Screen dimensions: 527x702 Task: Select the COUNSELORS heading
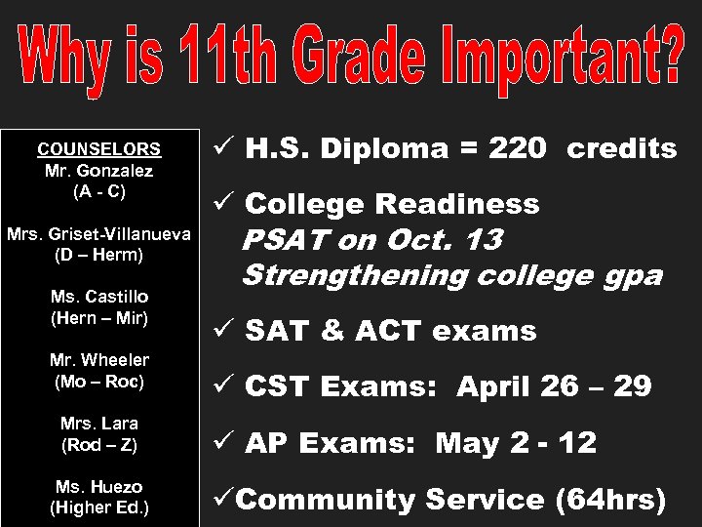(x=98, y=149)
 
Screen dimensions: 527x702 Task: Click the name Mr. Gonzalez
(x=98, y=170)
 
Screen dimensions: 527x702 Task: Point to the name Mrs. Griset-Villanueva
(x=99, y=234)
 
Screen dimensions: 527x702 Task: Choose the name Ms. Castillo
(x=98, y=298)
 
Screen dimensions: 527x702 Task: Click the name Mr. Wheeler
(x=98, y=360)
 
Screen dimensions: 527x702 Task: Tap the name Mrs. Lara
(x=98, y=425)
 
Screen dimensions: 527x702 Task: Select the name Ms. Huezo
(x=98, y=487)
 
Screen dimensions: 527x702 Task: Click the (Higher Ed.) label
(x=98, y=507)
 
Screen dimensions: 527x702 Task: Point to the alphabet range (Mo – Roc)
(x=98, y=381)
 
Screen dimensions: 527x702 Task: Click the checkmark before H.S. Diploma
(x=220, y=148)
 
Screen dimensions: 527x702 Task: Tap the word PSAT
(x=278, y=240)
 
